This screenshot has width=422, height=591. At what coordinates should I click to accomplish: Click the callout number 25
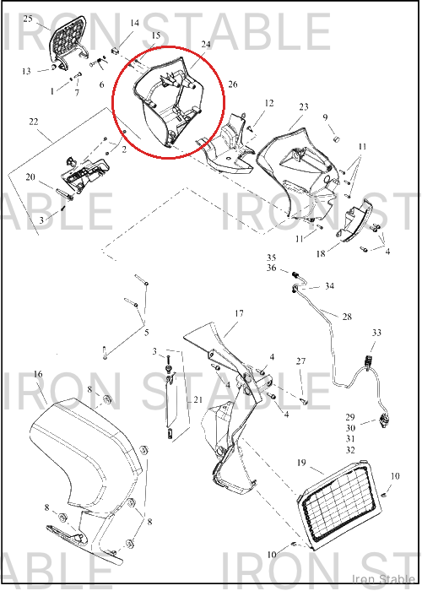click(28, 19)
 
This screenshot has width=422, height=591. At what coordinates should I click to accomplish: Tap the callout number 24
click(206, 45)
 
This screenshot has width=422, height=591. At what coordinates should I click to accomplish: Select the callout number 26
click(233, 84)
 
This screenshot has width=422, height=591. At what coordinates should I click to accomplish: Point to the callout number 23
click(304, 107)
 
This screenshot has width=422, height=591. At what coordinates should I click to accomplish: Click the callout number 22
click(34, 122)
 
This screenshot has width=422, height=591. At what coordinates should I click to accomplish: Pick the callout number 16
click(38, 374)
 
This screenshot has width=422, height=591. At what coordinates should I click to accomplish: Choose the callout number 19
click(301, 463)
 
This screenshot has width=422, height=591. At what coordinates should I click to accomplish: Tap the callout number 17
click(239, 313)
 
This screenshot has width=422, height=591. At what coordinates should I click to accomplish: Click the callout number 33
click(376, 333)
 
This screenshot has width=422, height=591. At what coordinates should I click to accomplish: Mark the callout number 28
click(347, 317)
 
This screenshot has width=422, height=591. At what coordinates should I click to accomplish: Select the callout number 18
click(321, 254)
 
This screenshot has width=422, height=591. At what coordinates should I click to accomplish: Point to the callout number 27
click(300, 361)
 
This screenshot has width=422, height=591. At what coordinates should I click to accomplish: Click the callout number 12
click(269, 103)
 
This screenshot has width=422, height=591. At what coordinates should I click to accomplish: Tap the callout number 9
click(326, 118)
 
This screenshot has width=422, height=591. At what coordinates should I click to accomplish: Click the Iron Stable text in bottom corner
click(383, 579)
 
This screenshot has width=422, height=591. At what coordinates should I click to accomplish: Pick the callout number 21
click(198, 400)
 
